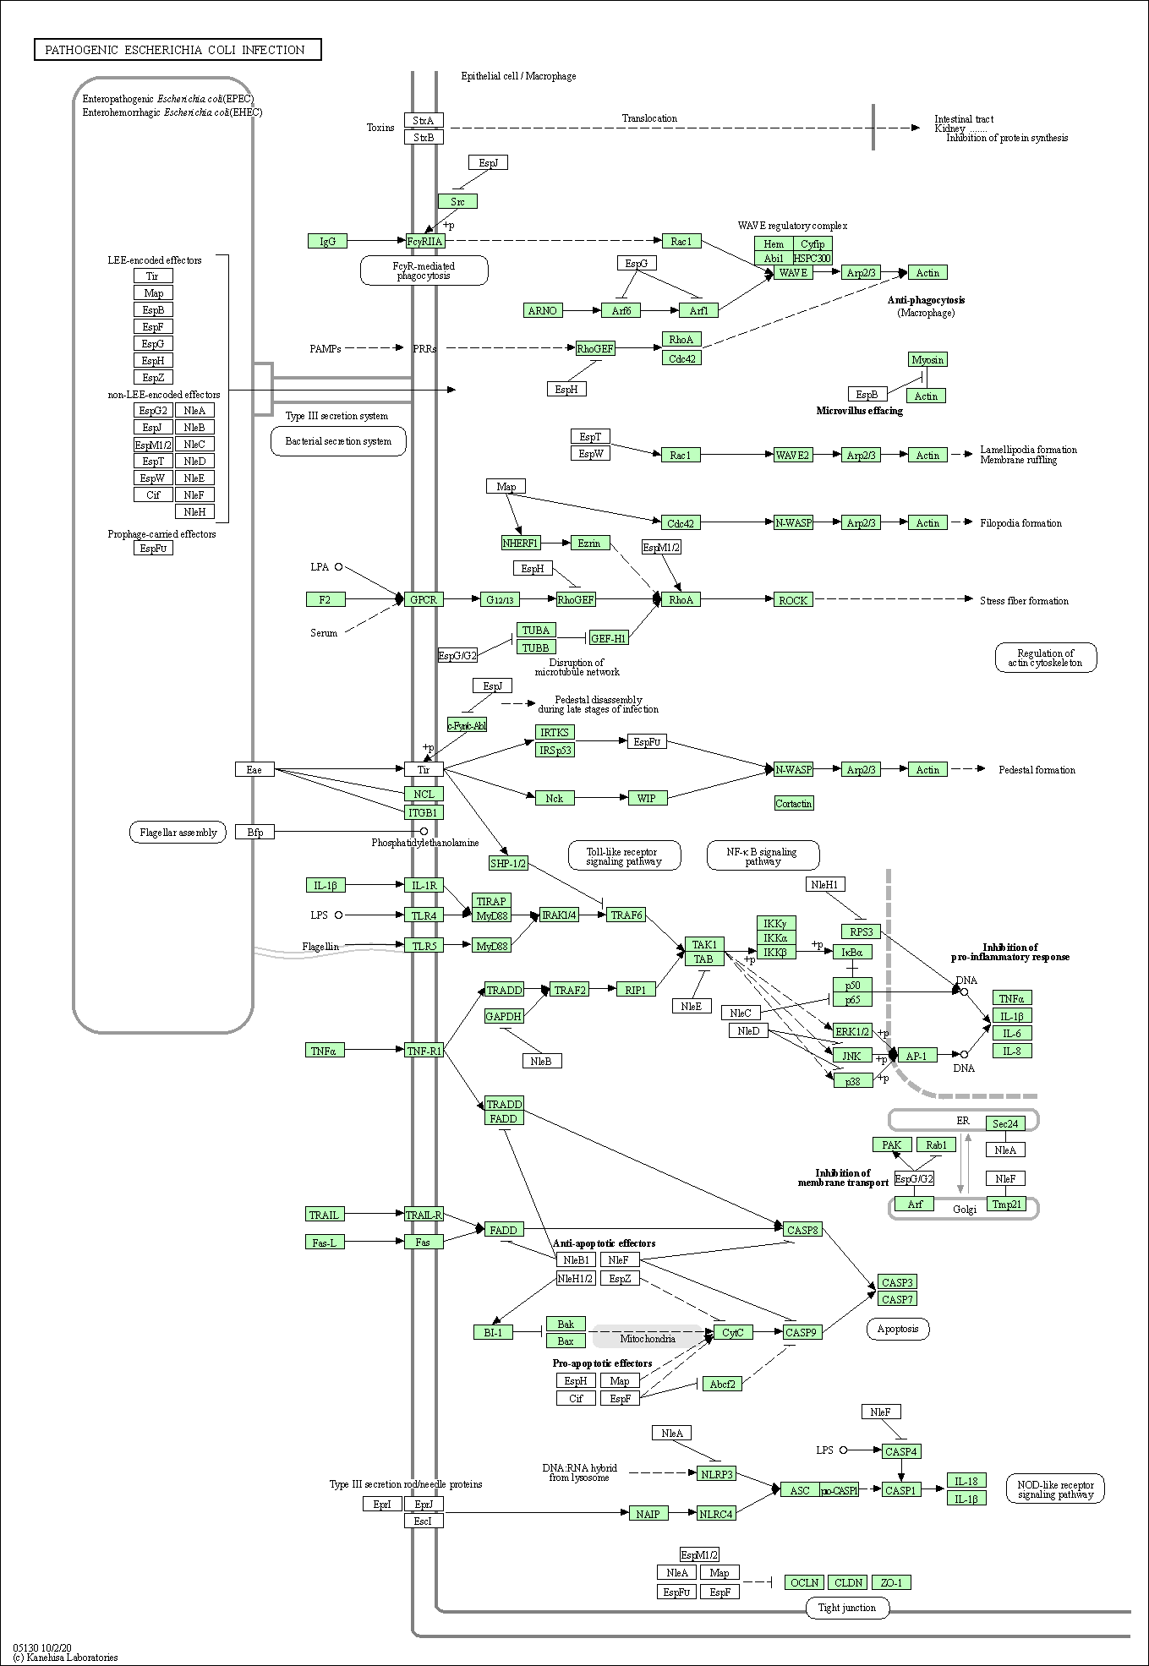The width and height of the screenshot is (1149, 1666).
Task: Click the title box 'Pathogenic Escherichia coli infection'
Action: pos(178,50)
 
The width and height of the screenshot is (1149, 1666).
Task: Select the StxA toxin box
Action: pos(424,120)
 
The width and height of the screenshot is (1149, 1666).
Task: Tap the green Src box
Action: pos(457,201)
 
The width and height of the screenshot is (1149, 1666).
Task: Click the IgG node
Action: pos(327,242)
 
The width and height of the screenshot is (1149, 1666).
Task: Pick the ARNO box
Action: pos(543,310)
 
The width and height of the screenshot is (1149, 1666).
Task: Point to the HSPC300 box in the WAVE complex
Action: pos(813,258)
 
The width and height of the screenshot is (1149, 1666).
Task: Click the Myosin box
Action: pos(927,359)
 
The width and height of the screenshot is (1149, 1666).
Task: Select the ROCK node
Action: pos(793,600)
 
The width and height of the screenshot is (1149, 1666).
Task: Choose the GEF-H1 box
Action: pos(609,638)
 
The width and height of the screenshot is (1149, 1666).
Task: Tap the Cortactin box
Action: pos(794,803)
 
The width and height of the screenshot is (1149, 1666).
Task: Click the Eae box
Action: pos(254,769)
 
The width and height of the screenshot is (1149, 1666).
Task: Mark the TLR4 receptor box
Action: pos(424,915)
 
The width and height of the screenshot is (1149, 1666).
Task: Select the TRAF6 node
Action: pos(626,915)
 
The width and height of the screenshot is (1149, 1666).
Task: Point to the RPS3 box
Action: pos(862,931)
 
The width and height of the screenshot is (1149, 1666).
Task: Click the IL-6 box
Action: pos(1012,1033)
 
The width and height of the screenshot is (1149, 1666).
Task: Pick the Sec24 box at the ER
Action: pos(1006,1123)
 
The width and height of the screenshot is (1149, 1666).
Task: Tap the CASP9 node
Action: pos(801,1332)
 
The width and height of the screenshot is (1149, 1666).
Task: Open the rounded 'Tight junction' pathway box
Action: pos(847,1608)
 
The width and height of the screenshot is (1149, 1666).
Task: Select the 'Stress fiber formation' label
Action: pos(1024,601)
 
